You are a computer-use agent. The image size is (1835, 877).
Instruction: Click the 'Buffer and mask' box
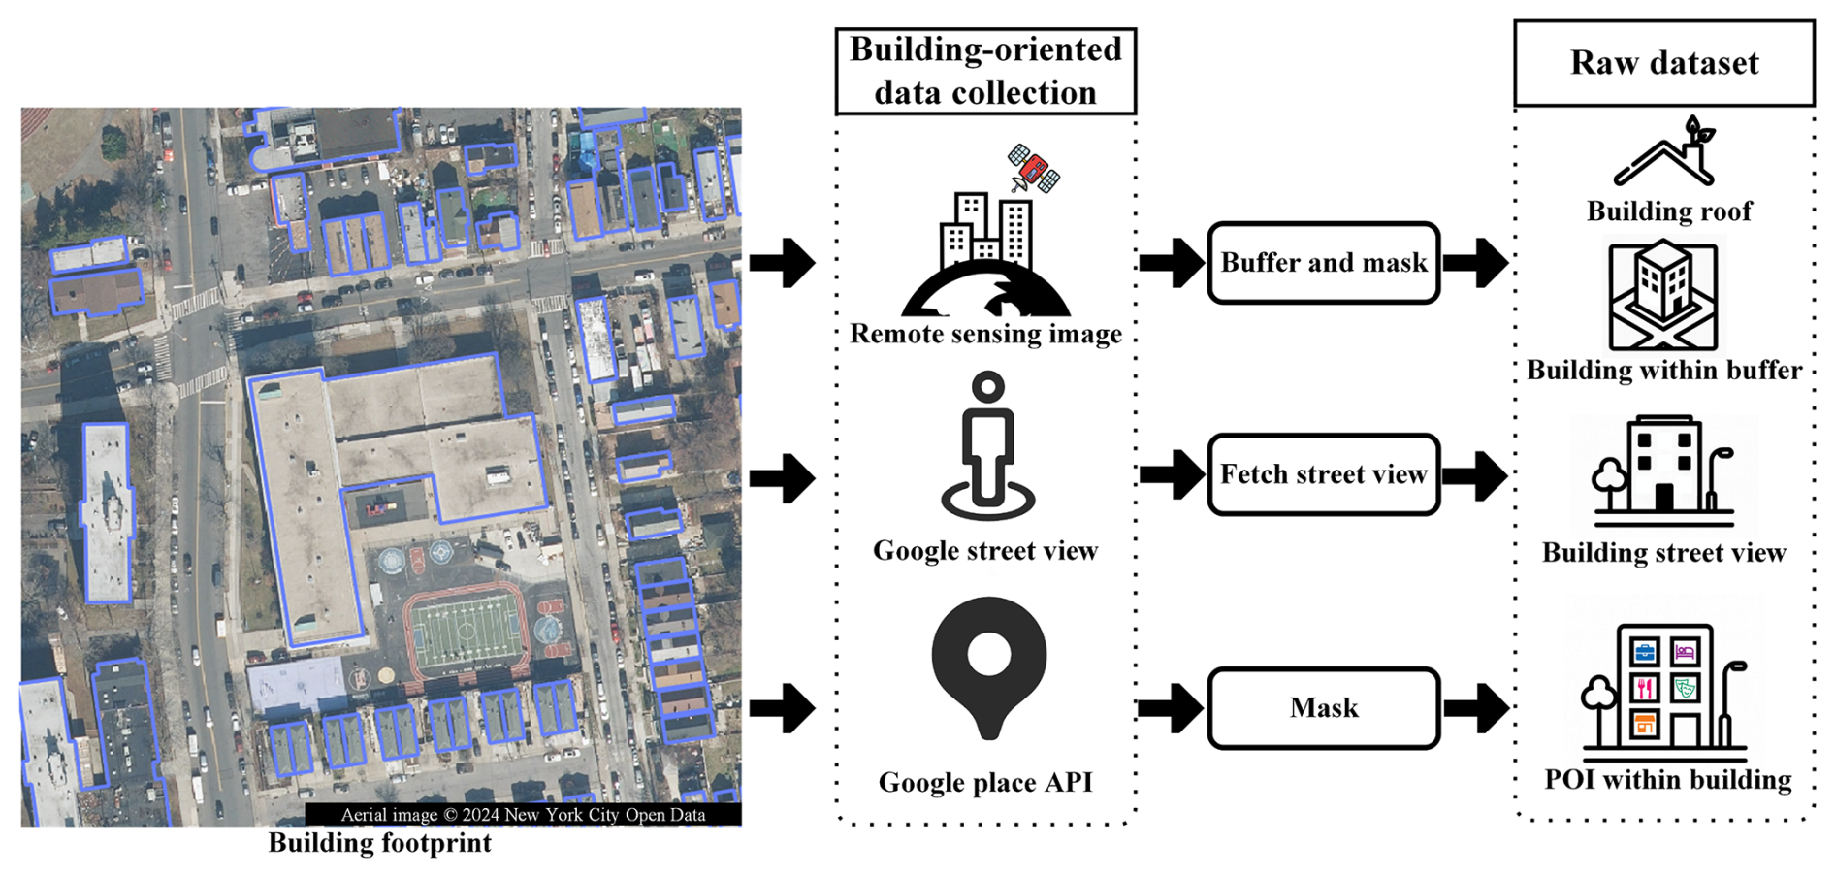tap(1323, 263)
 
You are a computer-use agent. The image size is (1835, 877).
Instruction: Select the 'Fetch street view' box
tap(1323, 474)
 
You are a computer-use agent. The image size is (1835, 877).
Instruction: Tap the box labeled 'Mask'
tap(1323, 708)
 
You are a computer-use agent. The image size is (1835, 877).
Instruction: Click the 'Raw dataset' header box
tap(1663, 63)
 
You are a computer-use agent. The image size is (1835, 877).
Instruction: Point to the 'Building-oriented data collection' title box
tap(985, 71)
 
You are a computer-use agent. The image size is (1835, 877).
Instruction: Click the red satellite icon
tap(1034, 169)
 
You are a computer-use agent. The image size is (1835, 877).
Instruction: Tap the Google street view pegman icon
tap(987, 446)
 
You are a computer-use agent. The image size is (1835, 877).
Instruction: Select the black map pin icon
tap(988, 666)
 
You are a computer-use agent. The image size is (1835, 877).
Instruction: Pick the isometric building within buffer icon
tap(1662, 295)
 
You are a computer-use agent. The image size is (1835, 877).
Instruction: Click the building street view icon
tap(1662, 466)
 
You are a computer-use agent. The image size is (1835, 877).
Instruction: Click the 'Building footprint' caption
tap(379, 843)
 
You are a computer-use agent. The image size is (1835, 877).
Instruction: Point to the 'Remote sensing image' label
tap(985, 334)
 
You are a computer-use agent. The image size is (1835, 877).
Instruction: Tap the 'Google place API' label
tap(985, 782)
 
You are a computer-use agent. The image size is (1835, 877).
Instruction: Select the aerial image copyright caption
tap(523, 815)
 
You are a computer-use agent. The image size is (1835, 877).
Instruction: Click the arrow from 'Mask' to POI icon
tap(1476, 708)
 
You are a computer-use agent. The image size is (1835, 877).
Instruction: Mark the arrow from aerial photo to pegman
tap(782, 477)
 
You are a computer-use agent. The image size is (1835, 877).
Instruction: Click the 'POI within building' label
tap(1667, 780)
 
